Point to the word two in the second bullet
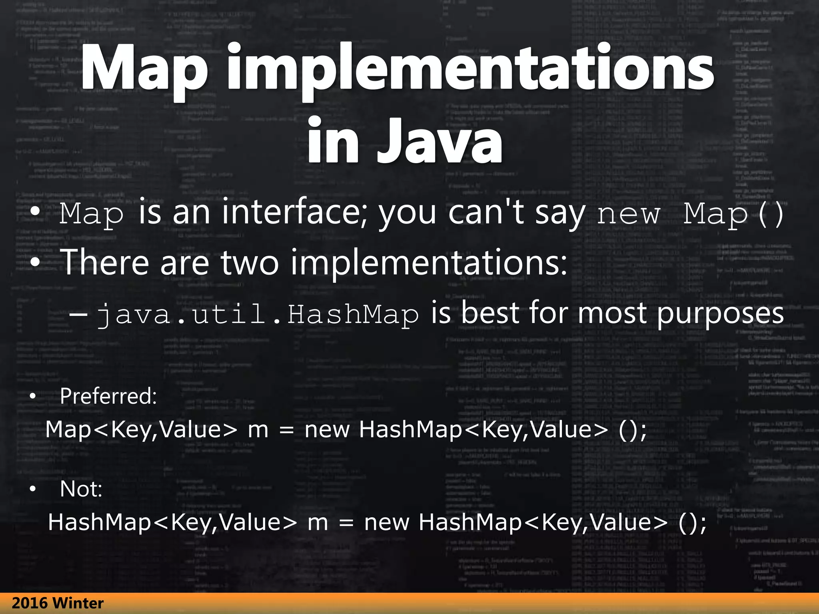250,262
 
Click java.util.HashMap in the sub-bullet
258,314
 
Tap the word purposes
720,314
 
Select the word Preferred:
108,396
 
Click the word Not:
81,489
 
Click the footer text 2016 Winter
58,603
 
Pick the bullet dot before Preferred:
33,397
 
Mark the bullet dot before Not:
33,489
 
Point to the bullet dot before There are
35,263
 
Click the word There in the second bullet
104,262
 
